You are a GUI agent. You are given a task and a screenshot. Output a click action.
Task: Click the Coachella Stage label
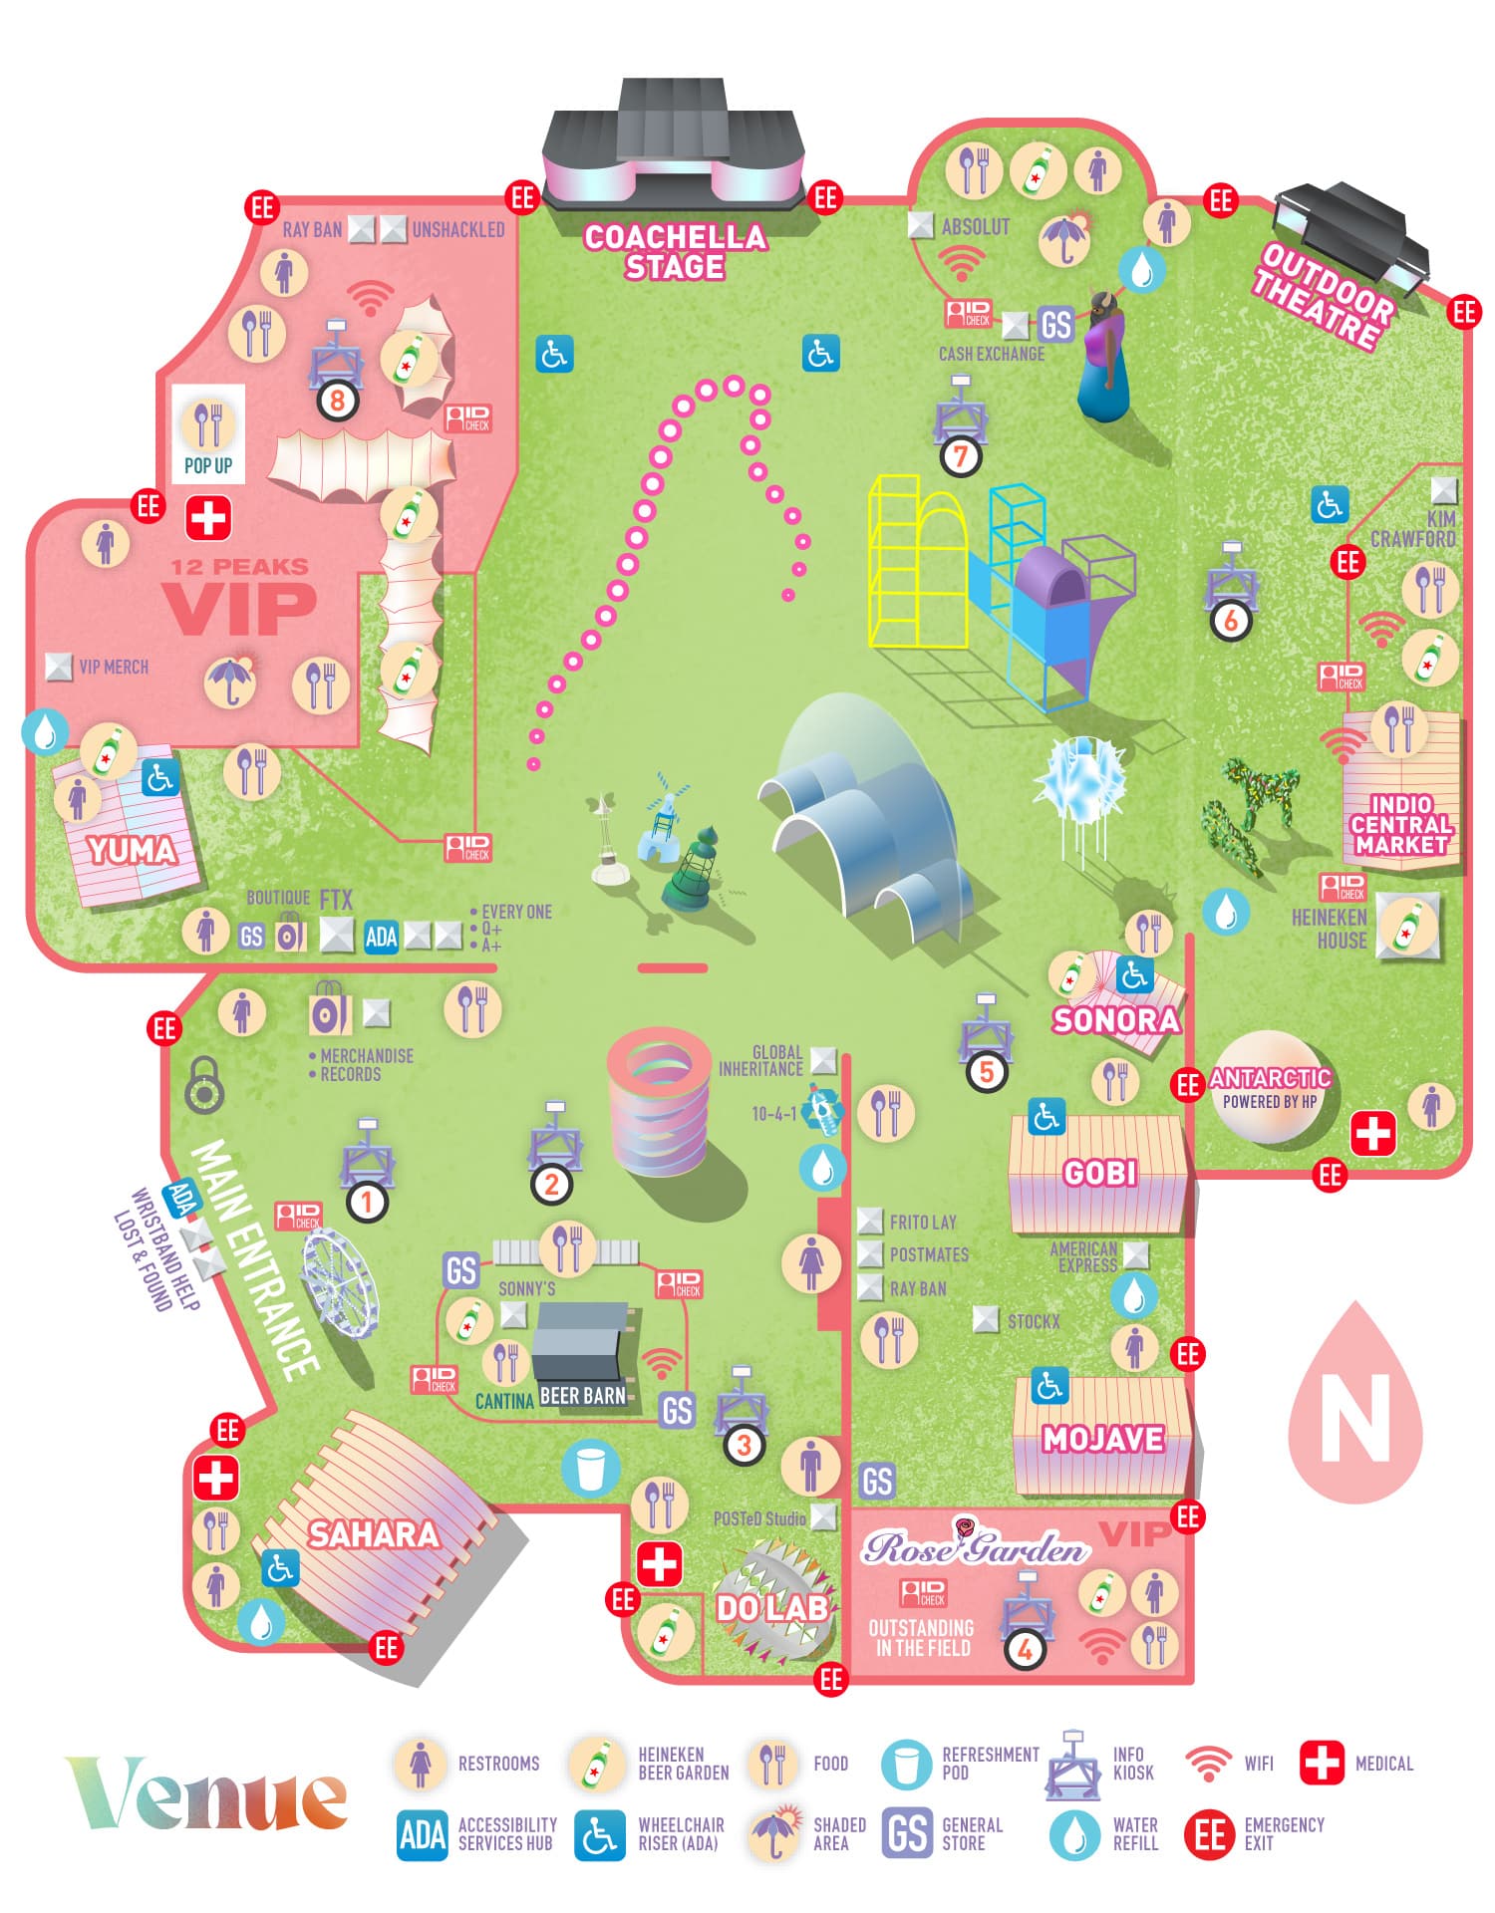[675, 251]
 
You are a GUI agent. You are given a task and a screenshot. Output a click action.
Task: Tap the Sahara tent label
[373, 1533]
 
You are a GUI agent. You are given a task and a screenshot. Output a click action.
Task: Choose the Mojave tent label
[1102, 1439]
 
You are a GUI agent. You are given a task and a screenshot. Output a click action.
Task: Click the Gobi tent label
[1099, 1173]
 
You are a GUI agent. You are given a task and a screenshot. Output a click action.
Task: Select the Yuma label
[132, 850]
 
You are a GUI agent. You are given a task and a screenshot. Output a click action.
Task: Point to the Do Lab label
[772, 1607]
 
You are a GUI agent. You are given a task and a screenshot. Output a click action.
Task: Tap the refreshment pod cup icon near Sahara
[590, 1468]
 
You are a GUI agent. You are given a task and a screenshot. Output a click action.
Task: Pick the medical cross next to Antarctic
[1372, 1133]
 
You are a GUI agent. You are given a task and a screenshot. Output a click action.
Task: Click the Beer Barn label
[582, 1396]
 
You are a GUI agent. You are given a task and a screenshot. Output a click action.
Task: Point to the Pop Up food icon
[208, 425]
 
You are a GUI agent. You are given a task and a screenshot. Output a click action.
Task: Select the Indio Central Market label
[1400, 824]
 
